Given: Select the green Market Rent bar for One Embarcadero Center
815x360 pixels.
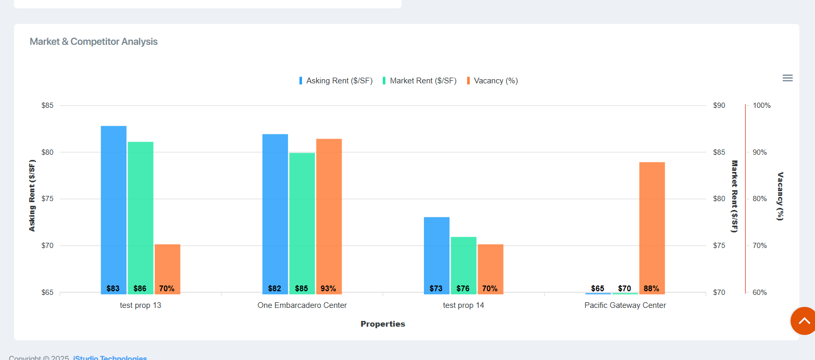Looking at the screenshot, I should [302, 219].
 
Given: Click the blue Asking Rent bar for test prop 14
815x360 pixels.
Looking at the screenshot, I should [436, 250].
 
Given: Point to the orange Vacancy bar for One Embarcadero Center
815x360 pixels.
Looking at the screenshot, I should [329, 208].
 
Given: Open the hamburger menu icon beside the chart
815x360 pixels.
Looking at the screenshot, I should [787, 78].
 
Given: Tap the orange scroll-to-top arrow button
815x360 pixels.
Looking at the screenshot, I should [804, 321].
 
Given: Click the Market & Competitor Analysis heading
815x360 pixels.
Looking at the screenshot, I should [94, 42].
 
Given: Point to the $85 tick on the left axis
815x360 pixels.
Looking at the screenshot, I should [47, 106].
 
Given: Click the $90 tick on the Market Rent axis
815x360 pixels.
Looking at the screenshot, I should [719, 106].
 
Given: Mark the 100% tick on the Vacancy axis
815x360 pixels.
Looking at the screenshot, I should [762, 106].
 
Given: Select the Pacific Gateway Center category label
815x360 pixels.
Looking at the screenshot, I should [625, 305].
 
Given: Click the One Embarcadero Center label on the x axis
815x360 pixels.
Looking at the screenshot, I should [302, 305].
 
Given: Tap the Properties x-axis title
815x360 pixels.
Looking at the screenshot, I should [383, 324].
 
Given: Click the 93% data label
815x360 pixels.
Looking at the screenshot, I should [329, 289].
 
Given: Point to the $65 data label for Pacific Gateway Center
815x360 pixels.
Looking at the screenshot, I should [598, 289].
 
